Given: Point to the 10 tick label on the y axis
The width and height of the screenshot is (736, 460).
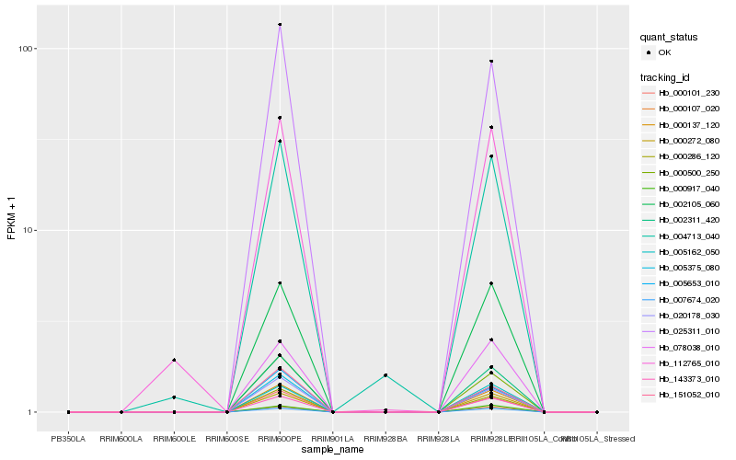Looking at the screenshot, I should pyautogui.click(x=27, y=230).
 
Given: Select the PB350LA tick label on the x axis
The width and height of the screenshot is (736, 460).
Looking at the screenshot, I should pyautogui.click(x=68, y=427).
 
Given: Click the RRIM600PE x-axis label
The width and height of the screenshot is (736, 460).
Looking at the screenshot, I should pyautogui.click(x=280, y=427).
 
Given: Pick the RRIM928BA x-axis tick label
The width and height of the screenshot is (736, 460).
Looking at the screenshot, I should pyautogui.click(x=385, y=427).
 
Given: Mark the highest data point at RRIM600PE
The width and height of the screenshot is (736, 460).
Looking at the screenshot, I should pyautogui.click(x=280, y=25).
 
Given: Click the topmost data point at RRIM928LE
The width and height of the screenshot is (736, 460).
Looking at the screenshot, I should pyautogui.click(x=491, y=62).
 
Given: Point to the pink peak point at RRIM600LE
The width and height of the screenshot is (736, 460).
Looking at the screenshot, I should pyautogui.click(x=174, y=361).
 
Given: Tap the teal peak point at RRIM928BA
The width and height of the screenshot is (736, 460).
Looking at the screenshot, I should pyautogui.click(x=385, y=375).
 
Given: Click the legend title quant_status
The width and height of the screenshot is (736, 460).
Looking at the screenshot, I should pyautogui.click(x=669, y=38).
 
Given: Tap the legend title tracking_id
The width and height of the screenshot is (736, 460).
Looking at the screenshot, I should pyautogui.click(x=666, y=76).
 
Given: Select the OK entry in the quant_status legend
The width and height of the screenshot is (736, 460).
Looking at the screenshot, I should pyautogui.click(x=664, y=53).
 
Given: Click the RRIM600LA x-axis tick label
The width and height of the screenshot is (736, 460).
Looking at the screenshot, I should pyautogui.click(x=121, y=427).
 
